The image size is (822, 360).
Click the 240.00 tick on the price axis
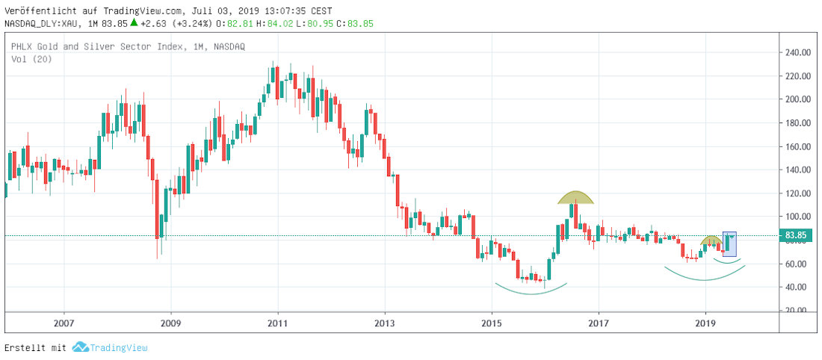[x=797, y=52]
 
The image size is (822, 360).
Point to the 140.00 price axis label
[x=797, y=170]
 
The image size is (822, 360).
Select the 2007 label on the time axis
[x=64, y=323]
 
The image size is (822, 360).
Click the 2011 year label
[x=277, y=323]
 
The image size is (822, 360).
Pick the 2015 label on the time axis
[x=491, y=323]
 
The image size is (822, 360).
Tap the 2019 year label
[x=705, y=323]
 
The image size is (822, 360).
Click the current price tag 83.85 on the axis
[x=794, y=236]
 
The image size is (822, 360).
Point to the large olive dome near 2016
[x=575, y=198]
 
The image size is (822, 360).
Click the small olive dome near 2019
[x=711, y=241]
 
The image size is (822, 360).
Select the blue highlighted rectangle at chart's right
[x=730, y=245]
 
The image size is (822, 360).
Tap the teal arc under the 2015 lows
[x=531, y=289]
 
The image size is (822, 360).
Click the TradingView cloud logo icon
[x=80, y=347]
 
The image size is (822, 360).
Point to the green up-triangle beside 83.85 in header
[x=134, y=22]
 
